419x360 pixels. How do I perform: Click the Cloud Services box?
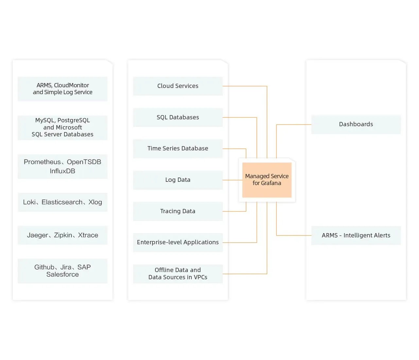178,86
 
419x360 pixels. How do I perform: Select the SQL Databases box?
178,117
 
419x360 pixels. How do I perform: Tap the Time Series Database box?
178,148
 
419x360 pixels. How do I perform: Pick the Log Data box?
178,180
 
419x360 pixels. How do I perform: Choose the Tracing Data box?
178,211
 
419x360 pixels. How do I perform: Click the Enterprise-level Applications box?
178,242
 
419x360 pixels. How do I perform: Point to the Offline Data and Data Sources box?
178,274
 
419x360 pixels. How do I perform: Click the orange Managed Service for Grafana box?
267,180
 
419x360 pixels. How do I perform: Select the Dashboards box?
356,124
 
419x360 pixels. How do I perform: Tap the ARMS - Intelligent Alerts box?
356,235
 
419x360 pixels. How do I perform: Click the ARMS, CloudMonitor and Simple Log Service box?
62,89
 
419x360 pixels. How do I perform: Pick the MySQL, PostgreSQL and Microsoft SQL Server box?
62,128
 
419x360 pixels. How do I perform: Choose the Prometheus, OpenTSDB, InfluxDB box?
62,166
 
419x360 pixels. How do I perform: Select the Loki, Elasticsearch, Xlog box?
62,202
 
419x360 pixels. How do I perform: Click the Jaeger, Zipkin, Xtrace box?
62,235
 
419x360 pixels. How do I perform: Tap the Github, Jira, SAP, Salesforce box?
62,271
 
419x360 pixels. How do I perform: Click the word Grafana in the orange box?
271,183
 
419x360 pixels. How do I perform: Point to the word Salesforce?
62,275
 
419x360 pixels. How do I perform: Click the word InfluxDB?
62,171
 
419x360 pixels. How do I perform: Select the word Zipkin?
63,235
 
